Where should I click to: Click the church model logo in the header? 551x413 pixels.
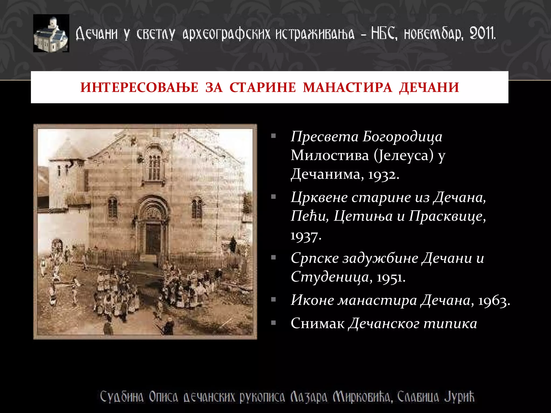pos(51,33)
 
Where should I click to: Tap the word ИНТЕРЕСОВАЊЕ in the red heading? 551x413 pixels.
pos(139,87)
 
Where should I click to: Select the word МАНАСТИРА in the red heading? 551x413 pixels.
pos(347,87)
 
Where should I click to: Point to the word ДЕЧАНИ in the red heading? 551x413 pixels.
pos(429,87)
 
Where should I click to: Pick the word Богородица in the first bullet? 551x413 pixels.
pos(402,137)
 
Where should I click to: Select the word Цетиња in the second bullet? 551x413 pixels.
pos(363,216)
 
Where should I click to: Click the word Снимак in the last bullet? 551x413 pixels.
pos(317,323)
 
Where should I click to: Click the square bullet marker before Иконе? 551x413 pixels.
pos(273,300)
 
